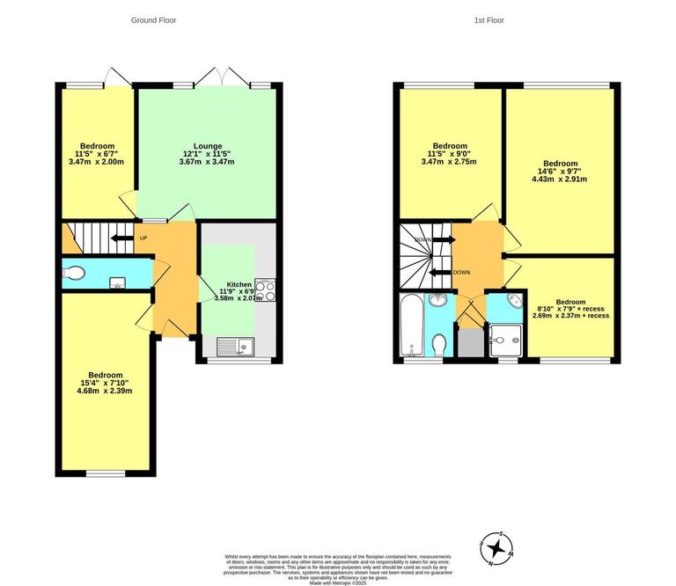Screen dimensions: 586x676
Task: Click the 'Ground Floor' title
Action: (153, 19)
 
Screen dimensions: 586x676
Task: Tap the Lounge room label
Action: (208, 146)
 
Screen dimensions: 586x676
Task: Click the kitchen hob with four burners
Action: (265, 289)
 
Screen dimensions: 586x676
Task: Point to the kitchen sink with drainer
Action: (233, 346)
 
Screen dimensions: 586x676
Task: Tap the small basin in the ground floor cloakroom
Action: (116, 282)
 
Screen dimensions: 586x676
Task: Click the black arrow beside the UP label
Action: (120, 238)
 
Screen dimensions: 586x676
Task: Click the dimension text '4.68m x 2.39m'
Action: (105, 392)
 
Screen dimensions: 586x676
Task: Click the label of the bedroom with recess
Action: (570, 302)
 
